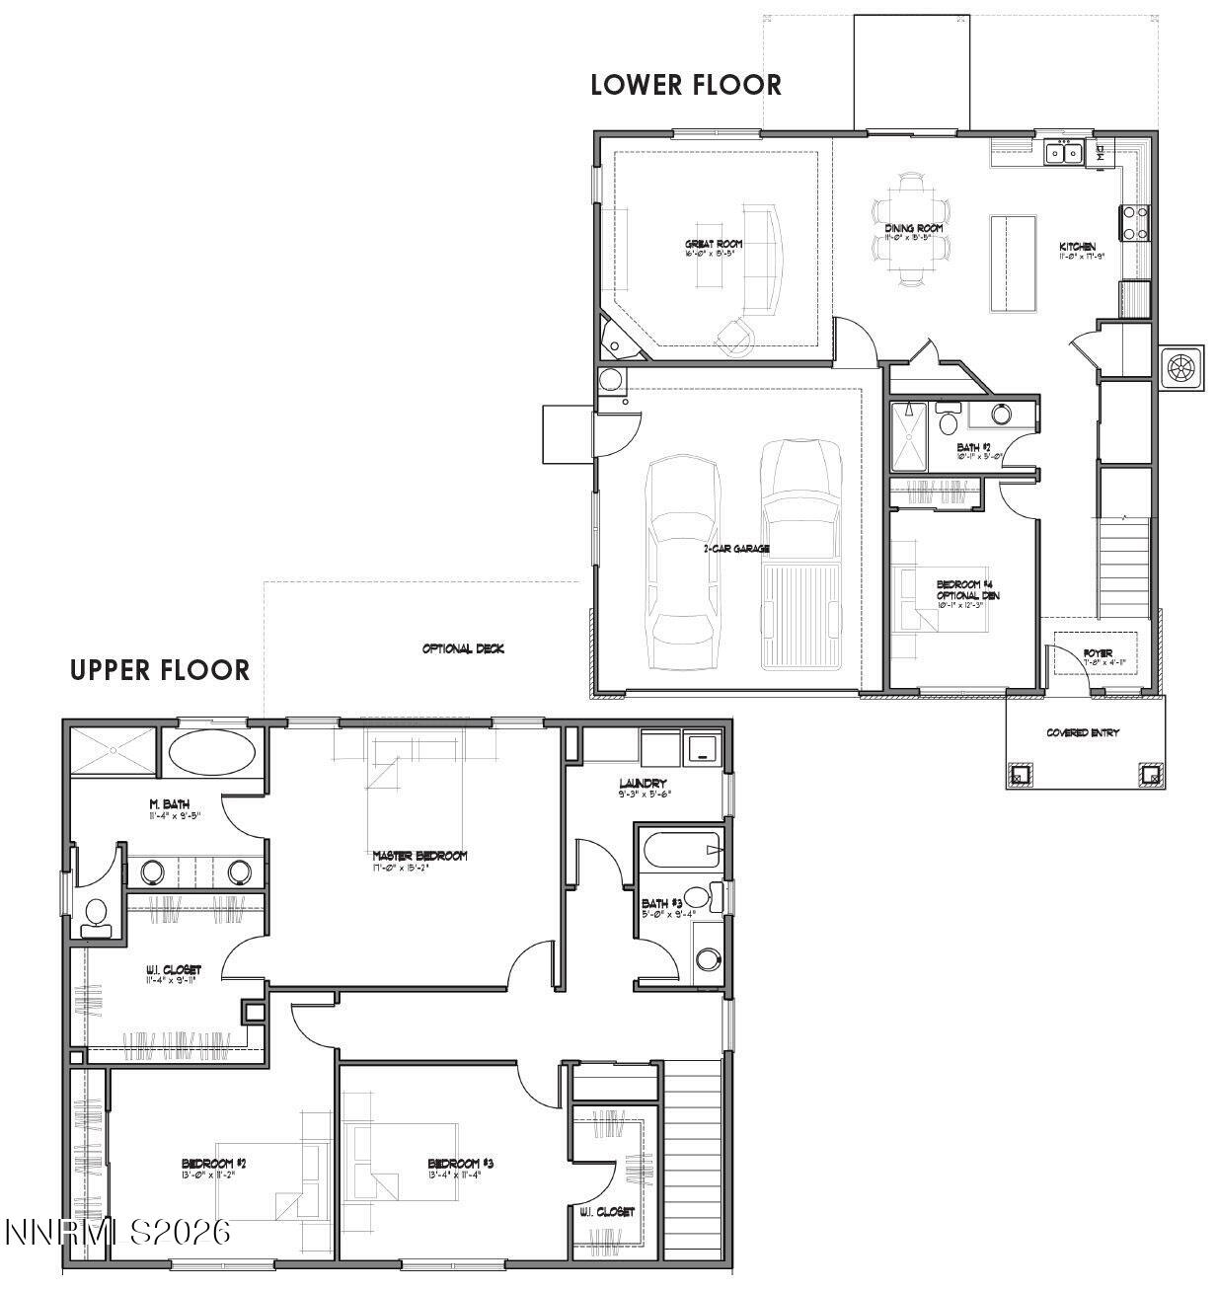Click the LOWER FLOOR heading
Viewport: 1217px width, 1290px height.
coord(686,85)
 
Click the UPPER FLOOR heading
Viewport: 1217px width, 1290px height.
coord(160,670)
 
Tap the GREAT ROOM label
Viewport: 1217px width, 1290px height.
coord(714,244)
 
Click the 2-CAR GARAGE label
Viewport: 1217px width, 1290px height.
coord(736,548)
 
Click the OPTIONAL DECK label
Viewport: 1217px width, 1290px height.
coord(463,648)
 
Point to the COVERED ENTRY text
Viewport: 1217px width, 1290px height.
coord(1083,732)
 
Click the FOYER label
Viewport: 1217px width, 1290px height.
coord(1097,652)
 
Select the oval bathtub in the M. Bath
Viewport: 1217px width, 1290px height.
coord(212,753)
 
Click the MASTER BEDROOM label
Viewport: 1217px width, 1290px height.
coord(419,856)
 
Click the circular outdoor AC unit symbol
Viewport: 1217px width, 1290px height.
coord(1180,368)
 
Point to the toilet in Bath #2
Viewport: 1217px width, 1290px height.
coord(950,422)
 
